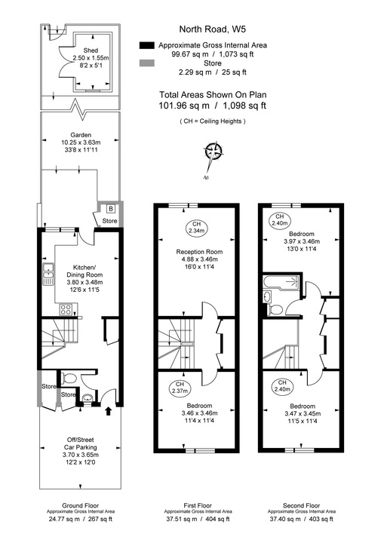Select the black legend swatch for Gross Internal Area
click(146, 45)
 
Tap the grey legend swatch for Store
click(146, 63)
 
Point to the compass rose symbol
click(214, 152)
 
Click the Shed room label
click(90, 53)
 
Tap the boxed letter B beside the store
click(110, 209)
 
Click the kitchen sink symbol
click(48, 275)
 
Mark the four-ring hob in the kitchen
click(66, 309)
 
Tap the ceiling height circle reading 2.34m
click(198, 228)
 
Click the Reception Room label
click(199, 251)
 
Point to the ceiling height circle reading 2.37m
click(179, 388)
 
